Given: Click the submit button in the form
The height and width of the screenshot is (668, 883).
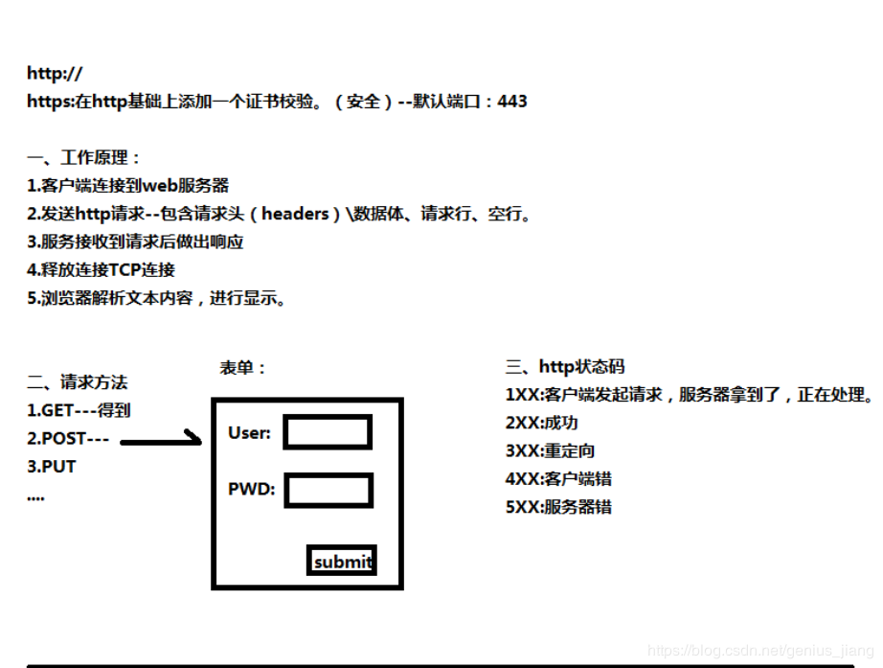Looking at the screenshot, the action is [342, 561].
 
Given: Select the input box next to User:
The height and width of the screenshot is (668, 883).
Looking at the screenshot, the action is [328, 432].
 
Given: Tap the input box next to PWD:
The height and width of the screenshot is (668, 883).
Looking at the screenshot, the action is [328, 491].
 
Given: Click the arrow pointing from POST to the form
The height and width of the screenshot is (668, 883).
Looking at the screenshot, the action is [161, 440].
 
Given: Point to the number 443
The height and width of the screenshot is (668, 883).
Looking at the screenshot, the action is [512, 102].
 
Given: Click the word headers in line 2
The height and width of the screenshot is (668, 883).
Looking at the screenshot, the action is [295, 214].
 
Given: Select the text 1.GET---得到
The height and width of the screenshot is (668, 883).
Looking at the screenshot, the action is [79, 410].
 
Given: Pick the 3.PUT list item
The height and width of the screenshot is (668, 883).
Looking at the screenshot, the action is [52, 467].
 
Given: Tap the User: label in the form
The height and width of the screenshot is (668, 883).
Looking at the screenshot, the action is [249, 433].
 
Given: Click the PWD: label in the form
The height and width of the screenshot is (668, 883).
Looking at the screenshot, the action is [252, 489].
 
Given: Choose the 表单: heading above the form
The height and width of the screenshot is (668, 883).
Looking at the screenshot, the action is [242, 368].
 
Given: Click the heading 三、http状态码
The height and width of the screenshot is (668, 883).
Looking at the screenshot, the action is [565, 367].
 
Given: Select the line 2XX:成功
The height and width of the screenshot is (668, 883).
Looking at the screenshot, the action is [542, 423].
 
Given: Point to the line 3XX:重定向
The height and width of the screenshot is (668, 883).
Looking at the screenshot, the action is [550, 451].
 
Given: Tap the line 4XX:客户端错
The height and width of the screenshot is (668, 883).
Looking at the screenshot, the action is [558, 479].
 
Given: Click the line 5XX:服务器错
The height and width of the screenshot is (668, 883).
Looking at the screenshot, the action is [558, 507].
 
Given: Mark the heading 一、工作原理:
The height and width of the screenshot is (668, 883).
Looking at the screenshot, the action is [83, 157].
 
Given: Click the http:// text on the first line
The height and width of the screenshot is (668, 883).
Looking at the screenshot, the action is [55, 73].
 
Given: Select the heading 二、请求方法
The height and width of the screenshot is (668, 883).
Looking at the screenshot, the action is [78, 382].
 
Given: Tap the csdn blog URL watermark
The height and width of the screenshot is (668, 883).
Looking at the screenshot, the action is [760, 651].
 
